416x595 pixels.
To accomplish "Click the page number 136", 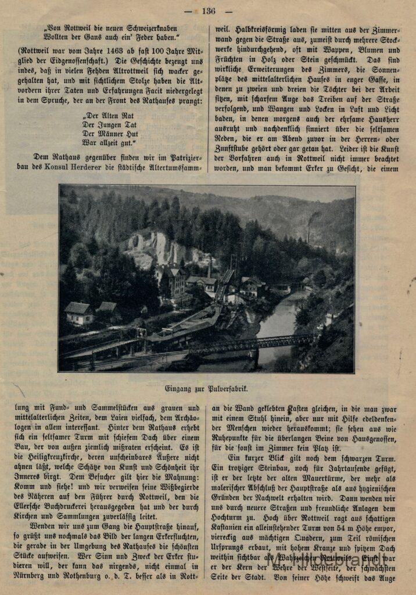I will click(209, 10).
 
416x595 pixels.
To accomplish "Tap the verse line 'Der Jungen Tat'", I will click(109, 124).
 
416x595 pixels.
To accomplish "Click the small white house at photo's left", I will click(79, 314).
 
